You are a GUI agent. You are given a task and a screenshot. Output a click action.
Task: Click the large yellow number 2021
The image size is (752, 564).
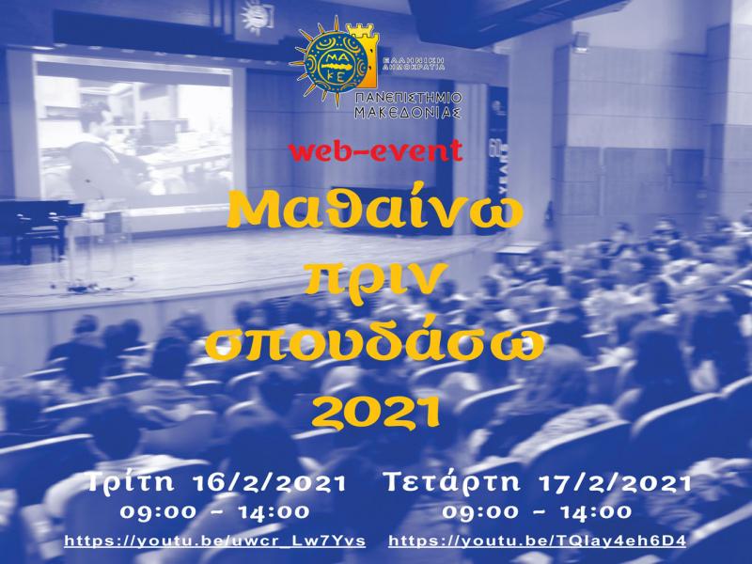click(376, 406)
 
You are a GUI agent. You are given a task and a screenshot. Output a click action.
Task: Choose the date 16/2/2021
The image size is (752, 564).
click(275, 483)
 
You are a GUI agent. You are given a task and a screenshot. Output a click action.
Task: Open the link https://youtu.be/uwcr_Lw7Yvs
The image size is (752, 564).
click(215, 542)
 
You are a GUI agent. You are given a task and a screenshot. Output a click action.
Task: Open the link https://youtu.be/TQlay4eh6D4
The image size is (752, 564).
click(537, 542)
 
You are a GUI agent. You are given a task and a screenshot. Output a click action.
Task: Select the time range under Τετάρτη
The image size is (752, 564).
click(537, 512)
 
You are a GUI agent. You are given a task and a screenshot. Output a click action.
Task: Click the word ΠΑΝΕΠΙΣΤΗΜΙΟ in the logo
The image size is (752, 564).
click(408, 97)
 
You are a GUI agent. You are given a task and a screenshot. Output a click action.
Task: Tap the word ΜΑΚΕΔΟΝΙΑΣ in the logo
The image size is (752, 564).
click(408, 112)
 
